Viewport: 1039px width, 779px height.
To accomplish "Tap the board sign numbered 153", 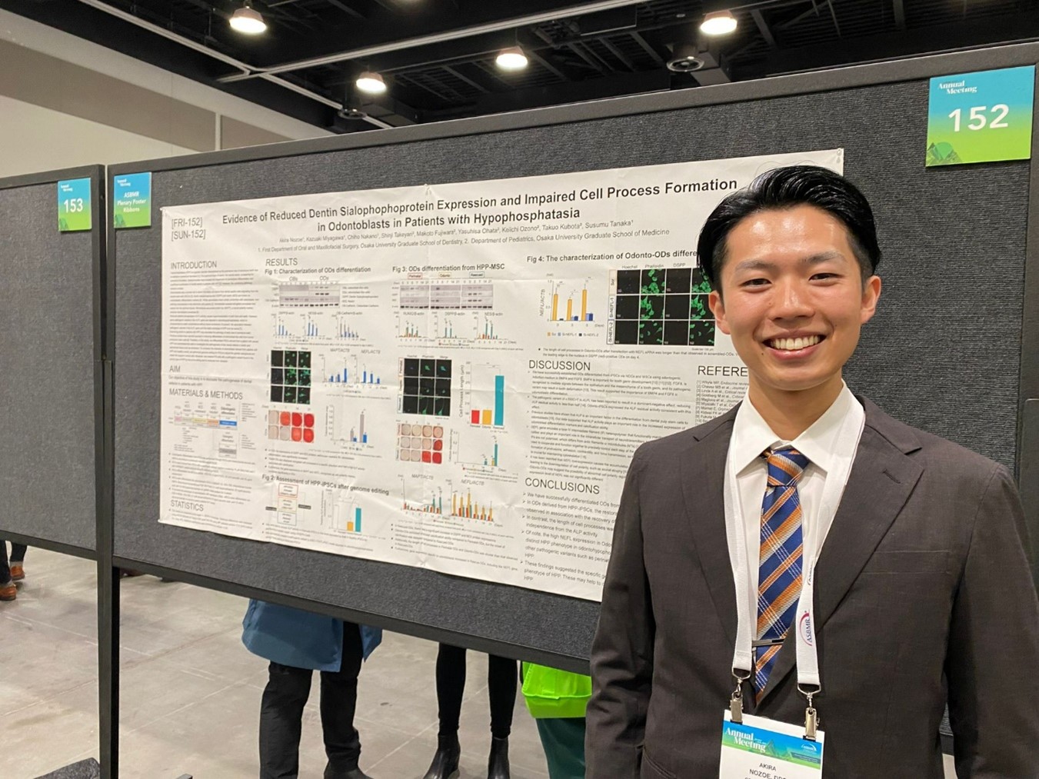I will (74, 205).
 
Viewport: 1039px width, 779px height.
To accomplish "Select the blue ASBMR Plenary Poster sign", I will (132, 200).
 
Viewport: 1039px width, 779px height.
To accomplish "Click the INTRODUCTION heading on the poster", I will (194, 265).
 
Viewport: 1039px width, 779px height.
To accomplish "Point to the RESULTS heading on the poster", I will (281, 262).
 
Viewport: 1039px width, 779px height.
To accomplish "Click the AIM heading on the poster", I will (175, 369).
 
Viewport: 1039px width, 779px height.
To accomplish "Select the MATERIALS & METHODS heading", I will (205, 394).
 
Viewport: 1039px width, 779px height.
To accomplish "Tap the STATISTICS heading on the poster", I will (187, 507).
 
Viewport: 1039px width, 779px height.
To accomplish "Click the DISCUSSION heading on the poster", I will (559, 365).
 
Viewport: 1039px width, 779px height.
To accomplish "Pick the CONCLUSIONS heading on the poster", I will (561, 487).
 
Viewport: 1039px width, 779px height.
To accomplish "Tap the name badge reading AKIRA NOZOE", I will (771, 750).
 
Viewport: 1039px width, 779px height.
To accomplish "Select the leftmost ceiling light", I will (248, 20).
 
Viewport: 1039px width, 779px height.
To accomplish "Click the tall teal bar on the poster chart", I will (498, 399).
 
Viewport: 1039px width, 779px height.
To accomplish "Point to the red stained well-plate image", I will (291, 428).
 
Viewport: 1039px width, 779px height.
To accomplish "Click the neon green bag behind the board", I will (555, 692).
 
